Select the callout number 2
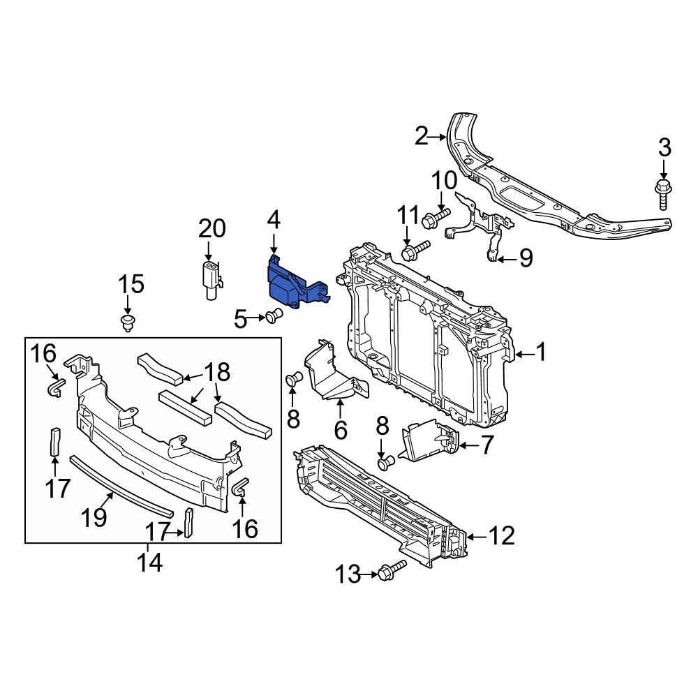[x=421, y=137]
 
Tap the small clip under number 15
[x=127, y=322]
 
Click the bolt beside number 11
[x=415, y=249]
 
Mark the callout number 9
[x=524, y=258]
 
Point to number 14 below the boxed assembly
[x=149, y=562]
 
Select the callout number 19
[x=94, y=517]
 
